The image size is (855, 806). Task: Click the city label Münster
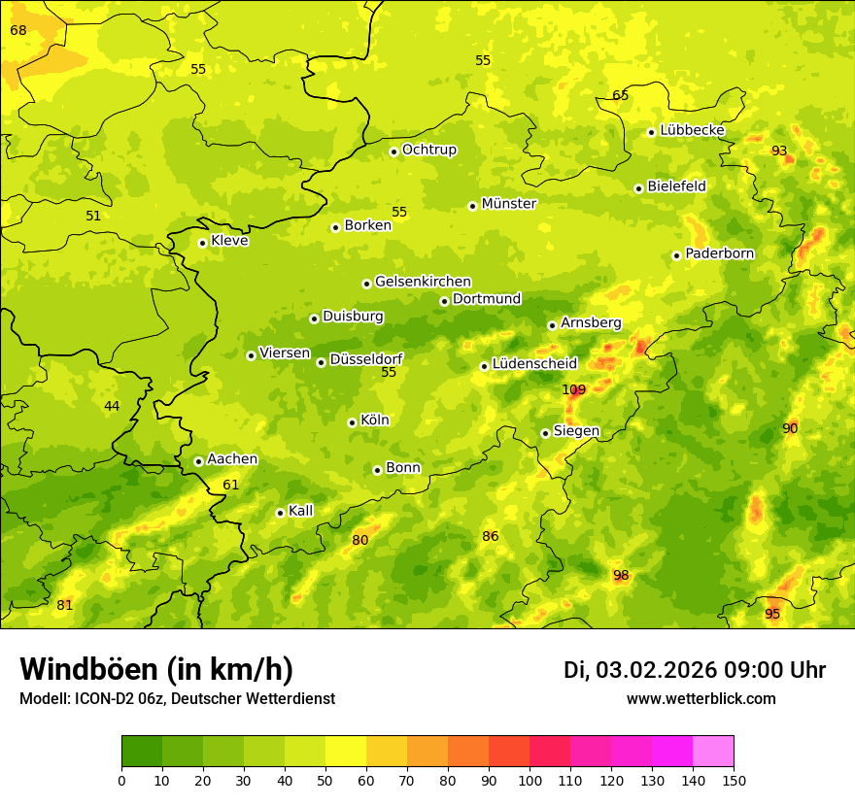(508, 204)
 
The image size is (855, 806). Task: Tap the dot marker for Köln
(352, 422)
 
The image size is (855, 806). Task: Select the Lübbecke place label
(692, 130)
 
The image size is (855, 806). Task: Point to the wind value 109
(574, 390)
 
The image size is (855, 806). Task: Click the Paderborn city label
(719, 253)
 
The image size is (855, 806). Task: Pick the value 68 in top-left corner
(18, 31)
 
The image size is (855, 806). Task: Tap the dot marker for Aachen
(198, 461)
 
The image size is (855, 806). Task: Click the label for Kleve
(229, 241)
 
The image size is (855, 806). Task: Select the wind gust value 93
(779, 151)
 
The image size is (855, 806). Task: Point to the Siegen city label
(576, 431)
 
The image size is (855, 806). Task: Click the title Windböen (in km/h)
(156, 669)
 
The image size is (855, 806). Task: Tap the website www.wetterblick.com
(701, 699)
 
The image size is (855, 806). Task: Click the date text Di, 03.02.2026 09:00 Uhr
(695, 670)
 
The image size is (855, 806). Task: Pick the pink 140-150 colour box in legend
(713, 752)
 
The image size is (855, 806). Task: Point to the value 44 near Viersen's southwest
(112, 406)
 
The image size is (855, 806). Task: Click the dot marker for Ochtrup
(393, 151)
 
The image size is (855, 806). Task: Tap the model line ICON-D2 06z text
(177, 699)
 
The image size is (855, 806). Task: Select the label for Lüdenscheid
(534, 364)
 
